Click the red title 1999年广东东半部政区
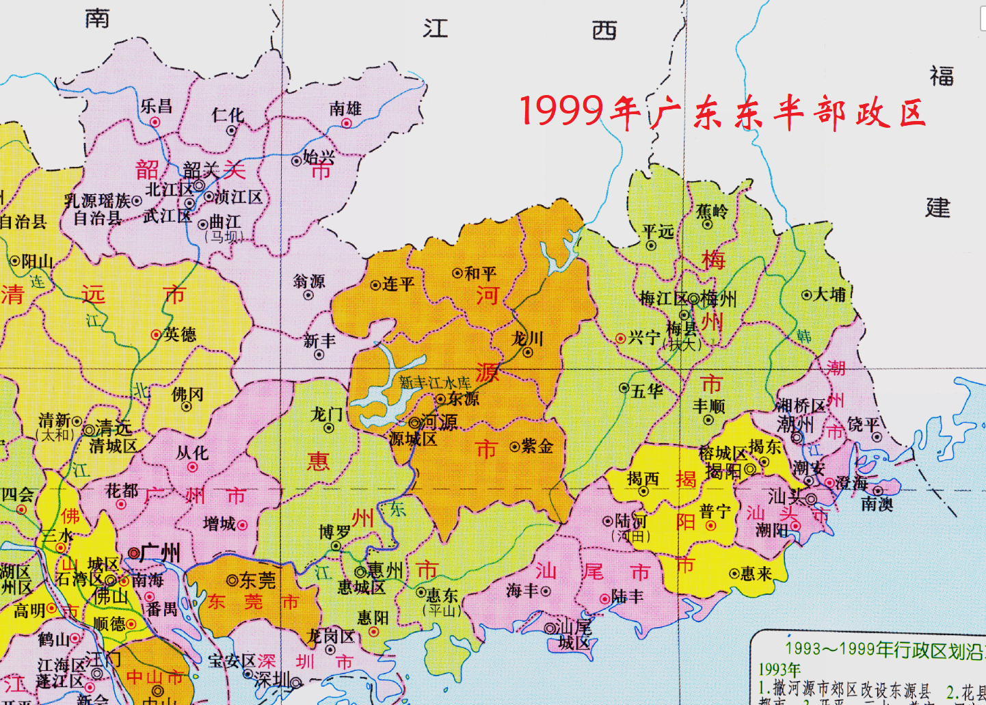(x=723, y=112)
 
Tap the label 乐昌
(x=157, y=106)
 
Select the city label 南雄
(x=345, y=108)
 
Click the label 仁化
(x=228, y=115)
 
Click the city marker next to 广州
(x=134, y=553)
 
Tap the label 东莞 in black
(x=257, y=581)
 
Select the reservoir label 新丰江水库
(x=435, y=383)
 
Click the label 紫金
(x=537, y=447)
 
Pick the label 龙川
(x=528, y=338)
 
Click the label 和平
(x=480, y=274)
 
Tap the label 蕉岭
(x=712, y=211)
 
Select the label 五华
(x=647, y=391)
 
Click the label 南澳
(x=877, y=505)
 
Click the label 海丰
(x=523, y=590)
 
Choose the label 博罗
(x=335, y=532)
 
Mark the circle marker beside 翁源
(x=308, y=295)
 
